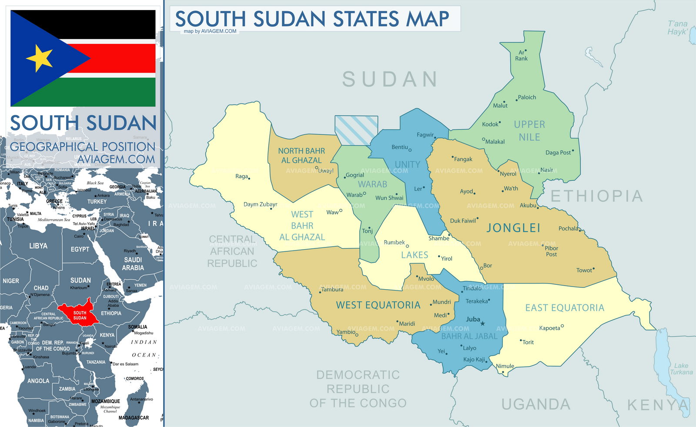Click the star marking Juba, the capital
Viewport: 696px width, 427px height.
pos(482,324)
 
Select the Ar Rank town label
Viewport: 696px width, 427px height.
pos(521,56)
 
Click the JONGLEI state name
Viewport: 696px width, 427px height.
pos(513,228)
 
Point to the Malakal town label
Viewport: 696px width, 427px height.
pos(495,142)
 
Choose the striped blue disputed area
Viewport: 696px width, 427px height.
pos(356,130)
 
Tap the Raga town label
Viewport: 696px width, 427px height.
pos(241,176)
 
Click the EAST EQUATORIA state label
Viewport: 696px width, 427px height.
pos(565,308)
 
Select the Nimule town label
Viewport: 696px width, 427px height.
pos(505,366)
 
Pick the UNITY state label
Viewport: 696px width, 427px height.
pos(407,165)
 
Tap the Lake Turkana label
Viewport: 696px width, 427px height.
pos(681,369)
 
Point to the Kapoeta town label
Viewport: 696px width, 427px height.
pos(549,328)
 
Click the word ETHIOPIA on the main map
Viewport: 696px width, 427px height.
pos(596,197)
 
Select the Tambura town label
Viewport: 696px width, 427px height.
pos(332,290)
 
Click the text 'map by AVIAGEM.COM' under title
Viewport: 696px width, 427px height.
pos(210,31)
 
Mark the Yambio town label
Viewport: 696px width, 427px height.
pos(346,332)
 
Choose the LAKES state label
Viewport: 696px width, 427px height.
pos(415,255)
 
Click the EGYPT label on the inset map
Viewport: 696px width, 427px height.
pos(80,249)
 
